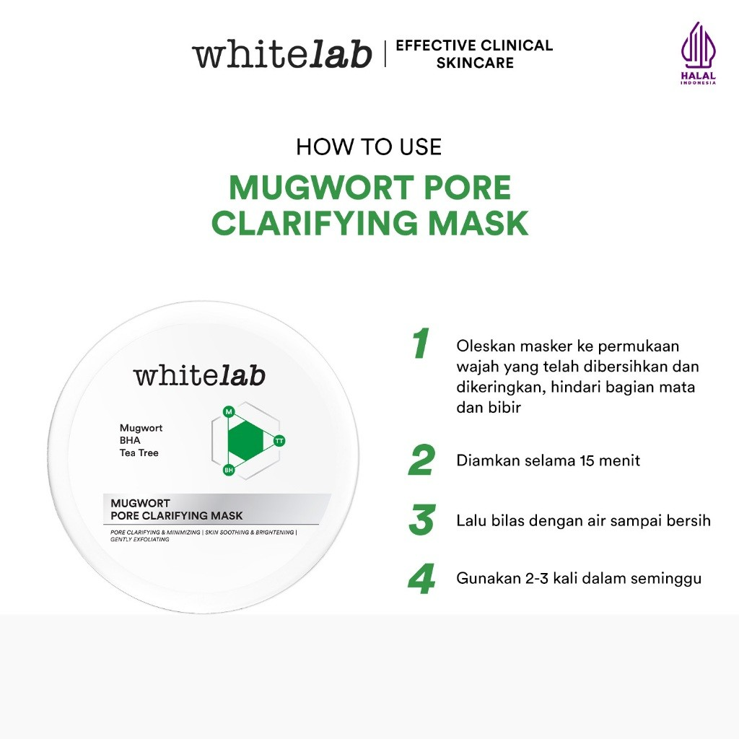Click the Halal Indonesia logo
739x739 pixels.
[x=698, y=53]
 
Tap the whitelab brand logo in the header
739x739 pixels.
[x=281, y=55]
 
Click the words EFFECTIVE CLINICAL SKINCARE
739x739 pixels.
[x=474, y=54]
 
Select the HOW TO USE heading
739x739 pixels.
[x=369, y=147]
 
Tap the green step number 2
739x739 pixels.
[x=421, y=461]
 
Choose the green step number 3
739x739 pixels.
[x=421, y=521]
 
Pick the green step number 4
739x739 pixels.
[x=421, y=580]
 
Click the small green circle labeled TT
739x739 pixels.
[x=279, y=440]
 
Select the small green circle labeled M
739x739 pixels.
[x=229, y=411]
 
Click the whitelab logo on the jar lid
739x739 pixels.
[x=199, y=375]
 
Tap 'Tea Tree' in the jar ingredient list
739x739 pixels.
[x=139, y=453]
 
